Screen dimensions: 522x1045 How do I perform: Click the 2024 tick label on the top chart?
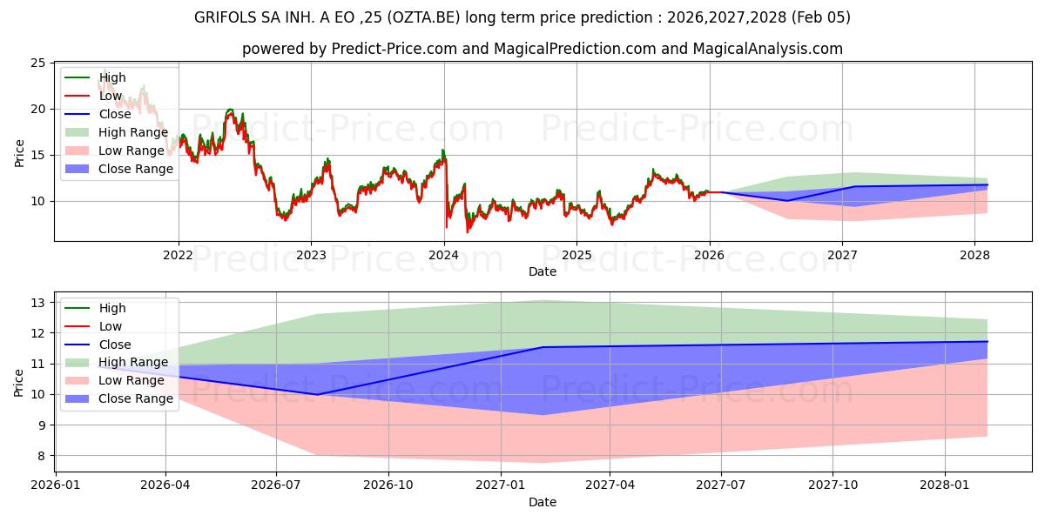point(444,255)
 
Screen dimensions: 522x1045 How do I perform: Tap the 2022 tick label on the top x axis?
point(179,255)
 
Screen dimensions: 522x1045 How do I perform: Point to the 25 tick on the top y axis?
point(37,63)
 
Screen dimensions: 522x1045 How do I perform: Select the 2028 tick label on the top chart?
point(974,255)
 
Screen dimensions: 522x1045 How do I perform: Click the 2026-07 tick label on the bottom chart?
point(276,485)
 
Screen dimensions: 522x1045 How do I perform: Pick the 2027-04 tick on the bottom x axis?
point(610,485)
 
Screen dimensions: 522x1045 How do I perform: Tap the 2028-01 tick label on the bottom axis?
point(945,485)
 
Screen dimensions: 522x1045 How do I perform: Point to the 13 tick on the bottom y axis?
point(37,303)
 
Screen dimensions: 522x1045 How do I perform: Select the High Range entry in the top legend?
point(132,132)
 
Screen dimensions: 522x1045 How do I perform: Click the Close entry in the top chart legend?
point(115,114)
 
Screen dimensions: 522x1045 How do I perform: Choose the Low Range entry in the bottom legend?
point(131,380)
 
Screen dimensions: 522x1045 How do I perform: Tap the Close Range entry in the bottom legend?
point(135,398)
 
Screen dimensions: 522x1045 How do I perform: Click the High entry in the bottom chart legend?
point(112,308)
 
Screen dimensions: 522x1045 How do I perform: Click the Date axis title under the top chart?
point(542,271)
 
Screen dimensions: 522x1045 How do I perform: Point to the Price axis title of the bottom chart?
point(19,382)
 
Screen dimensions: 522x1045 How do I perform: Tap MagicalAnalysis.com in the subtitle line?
point(767,49)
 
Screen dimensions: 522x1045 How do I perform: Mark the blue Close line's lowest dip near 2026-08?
point(317,394)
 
